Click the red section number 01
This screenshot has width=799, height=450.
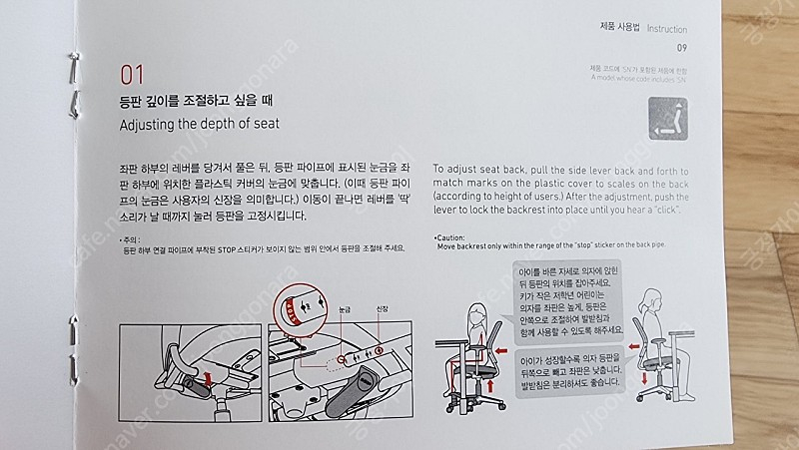(x=134, y=74)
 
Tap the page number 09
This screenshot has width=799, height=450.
(x=681, y=48)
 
